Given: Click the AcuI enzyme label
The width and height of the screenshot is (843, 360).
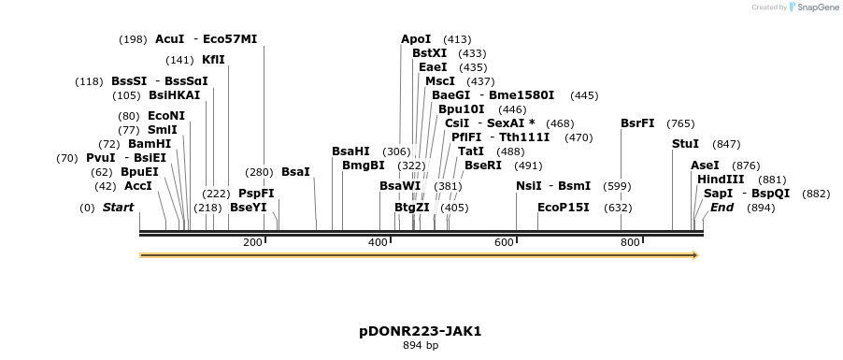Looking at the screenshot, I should point(170,39).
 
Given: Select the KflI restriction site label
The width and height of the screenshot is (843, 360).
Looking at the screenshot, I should point(213,60).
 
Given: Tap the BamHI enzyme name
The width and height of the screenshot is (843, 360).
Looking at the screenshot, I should point(150,144).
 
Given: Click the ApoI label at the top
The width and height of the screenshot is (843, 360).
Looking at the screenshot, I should point(416,39).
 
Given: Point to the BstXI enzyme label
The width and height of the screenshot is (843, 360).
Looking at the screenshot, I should point(429,53).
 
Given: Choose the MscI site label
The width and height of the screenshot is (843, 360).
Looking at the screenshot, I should point(440,81).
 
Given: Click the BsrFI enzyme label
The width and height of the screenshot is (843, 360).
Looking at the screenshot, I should point(637,123).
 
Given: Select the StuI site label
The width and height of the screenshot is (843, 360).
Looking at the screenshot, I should point(685,144).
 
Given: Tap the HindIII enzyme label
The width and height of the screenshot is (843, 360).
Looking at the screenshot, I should point(721,180).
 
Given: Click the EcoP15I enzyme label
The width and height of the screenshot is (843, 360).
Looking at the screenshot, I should point(564,208).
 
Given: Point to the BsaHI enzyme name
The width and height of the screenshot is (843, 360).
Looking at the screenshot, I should point(350,151).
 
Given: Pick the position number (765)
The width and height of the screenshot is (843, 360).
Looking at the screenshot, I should point(680,123).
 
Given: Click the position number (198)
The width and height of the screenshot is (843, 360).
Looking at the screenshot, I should point(133,39).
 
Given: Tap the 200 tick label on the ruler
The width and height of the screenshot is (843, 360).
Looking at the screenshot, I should point(252,243).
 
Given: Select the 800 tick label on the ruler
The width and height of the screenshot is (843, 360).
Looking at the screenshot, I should point(629,243).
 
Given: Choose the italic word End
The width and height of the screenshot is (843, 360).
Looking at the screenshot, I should point(722,208).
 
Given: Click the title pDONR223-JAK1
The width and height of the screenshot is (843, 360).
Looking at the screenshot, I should point(420,331).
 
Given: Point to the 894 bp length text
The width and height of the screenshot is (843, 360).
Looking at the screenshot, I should point(420,346).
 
